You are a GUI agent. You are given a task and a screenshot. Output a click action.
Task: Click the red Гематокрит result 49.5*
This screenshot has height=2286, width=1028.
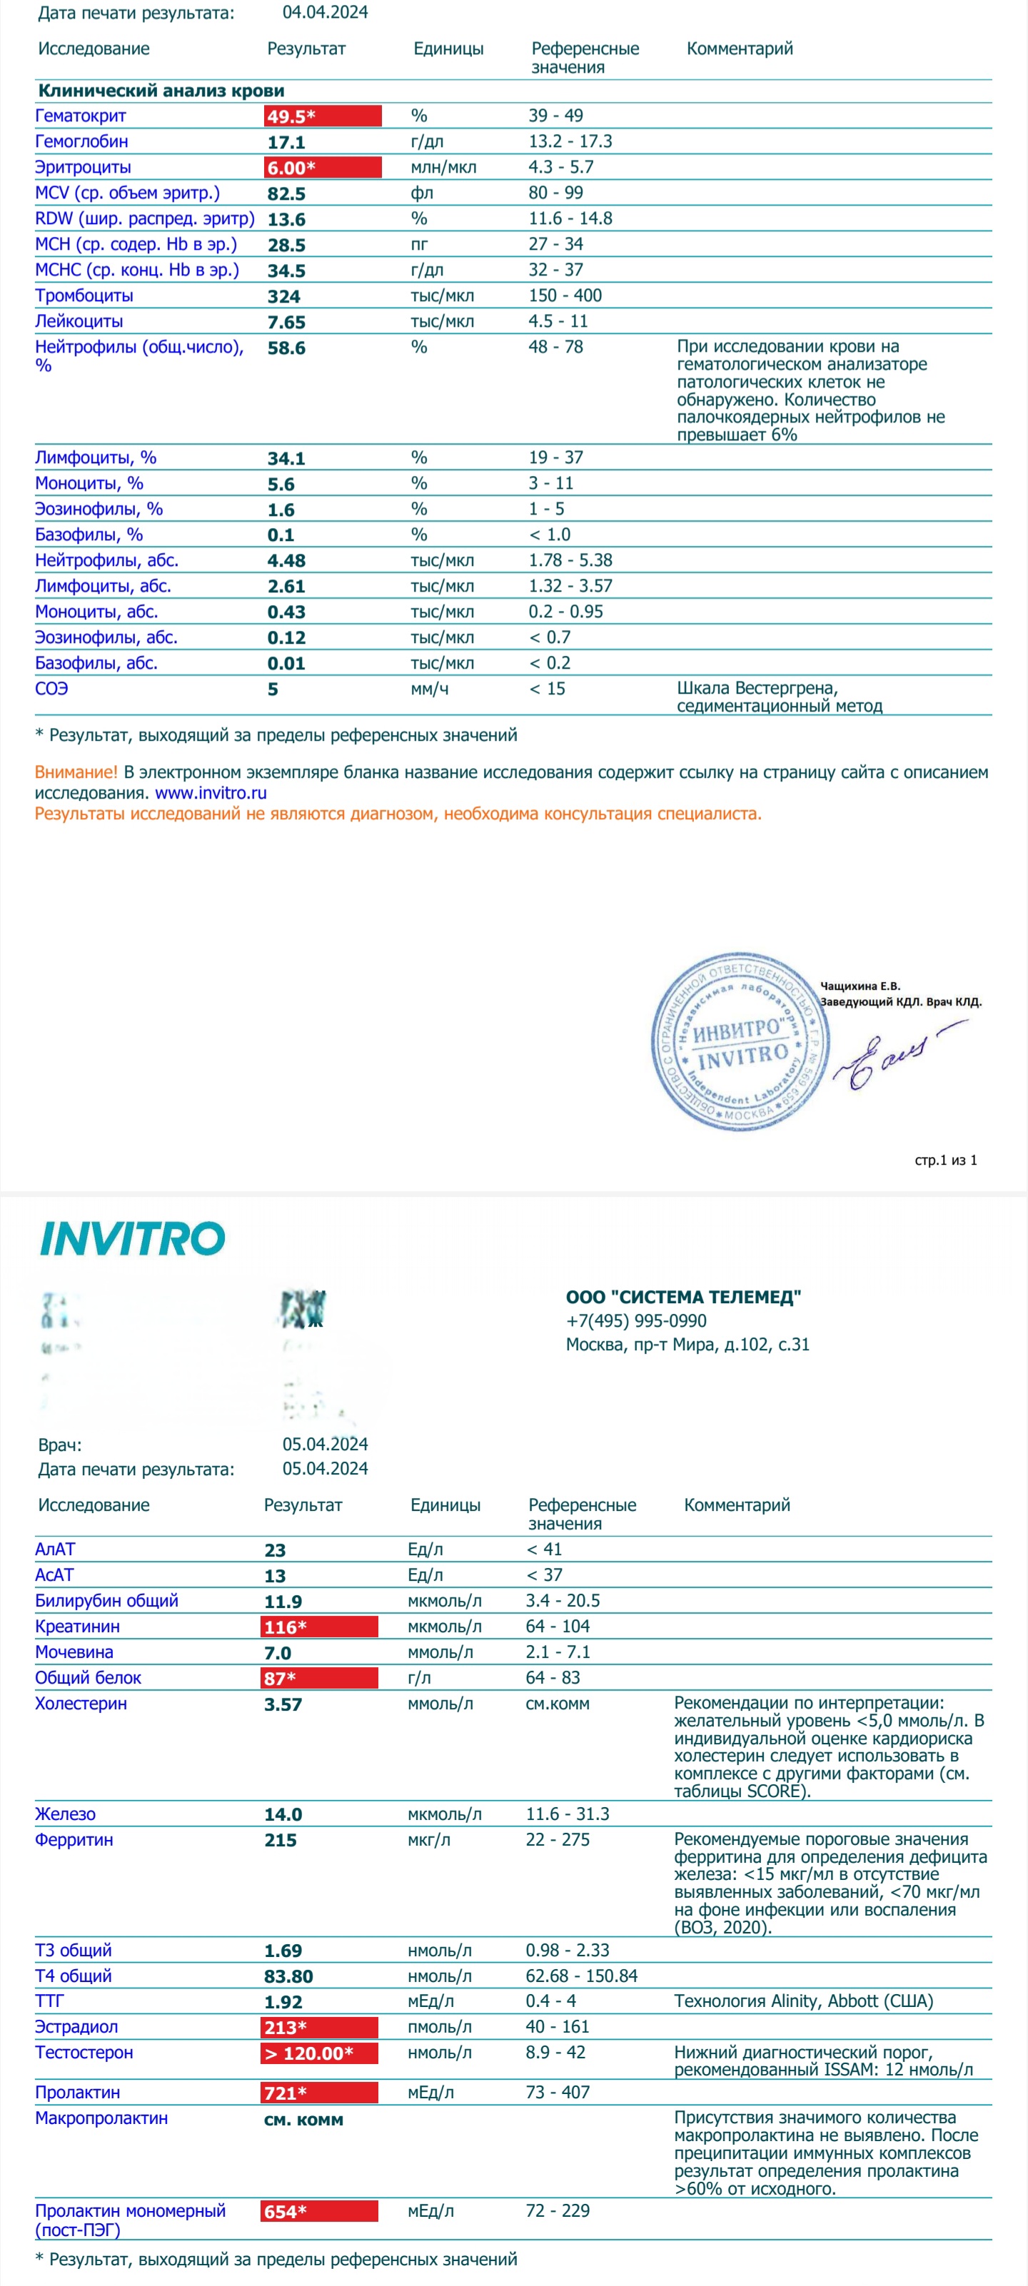pyautogui.click(x=321, y=116)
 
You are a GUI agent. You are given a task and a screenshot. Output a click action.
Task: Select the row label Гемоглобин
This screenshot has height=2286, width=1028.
pyautogui.click(x=81, y=142)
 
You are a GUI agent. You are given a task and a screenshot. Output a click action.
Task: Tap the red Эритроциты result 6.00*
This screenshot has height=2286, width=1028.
pyautogui.click(x=321, y=168)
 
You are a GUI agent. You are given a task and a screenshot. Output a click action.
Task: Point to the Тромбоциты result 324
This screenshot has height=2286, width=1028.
pyautogui.click(x=284, y=296)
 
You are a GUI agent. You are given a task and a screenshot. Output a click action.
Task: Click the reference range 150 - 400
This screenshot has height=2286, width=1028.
pyautogui.click(x=565, y=295)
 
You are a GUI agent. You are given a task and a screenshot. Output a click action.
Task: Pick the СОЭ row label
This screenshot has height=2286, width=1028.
pyautogui.click(x=51, y=689)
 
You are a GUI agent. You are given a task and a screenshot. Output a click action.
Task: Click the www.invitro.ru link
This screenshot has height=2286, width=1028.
pyautogui.click(x=211, y=792)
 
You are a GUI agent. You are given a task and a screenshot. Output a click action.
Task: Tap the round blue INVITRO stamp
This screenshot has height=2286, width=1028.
pyautogui.click(x=740, y=1041)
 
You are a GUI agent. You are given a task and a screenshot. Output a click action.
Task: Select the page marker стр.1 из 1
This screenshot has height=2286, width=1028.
pyautogui.click(x=945, y=1160)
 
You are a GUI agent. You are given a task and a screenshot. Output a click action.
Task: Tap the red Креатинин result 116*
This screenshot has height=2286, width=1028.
pyautogui.click(x=320, y=1627)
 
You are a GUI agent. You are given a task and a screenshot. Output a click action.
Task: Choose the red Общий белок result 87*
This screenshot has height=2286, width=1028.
pyautogui.click(x=320, y=1678)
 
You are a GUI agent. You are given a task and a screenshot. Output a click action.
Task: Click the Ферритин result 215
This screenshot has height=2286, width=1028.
pyautogui.click(x=281, y=1840)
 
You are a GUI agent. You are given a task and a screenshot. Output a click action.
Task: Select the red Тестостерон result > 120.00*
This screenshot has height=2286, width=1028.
pyautogui.click(x=320, y=2053)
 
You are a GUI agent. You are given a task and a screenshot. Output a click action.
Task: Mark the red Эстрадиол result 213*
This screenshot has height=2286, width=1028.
pyautogui.click(x=320, y=2027)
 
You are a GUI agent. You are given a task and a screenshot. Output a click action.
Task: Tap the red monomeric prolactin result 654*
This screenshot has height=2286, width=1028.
pyautogui.click(x=320, y=2212)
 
